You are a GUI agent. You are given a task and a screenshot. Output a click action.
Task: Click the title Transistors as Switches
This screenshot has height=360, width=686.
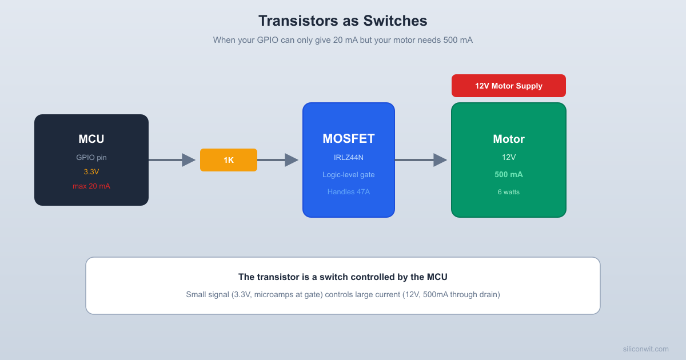click(x=342, y=21)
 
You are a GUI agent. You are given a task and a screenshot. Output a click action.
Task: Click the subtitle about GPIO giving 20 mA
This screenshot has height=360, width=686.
click(x=342, y=40)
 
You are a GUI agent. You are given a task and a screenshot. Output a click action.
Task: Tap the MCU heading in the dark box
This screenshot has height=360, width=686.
click(x=91, y=139)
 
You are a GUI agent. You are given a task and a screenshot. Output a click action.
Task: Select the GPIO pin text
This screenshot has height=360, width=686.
click(x=91, y=157)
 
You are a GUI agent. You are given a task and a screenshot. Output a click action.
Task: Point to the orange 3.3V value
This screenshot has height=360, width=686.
click(x=91, y=171)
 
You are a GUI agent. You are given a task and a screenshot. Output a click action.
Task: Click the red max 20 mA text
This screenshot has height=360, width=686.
click(x=91, y=186)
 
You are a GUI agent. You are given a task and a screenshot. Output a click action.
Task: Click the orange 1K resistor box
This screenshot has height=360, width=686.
click(x=228, y=160)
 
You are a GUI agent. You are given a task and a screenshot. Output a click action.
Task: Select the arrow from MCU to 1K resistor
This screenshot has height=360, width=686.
click(x=172, y=160)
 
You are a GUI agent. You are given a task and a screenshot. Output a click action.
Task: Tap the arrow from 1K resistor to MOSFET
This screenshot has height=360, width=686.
click(x=278, y=160)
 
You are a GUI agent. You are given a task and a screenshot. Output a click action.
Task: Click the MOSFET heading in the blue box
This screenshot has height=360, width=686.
click(x=348, y=139)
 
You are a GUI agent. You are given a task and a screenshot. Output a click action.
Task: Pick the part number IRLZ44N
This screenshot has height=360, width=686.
click(x=348, y=157)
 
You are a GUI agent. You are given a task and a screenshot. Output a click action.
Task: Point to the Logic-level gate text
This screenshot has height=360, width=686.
click(x=348, y=174)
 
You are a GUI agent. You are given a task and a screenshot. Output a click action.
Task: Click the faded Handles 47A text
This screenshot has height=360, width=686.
click(x=348, y=191)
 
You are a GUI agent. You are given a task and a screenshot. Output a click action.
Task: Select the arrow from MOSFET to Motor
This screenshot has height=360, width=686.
click(x=421, y=160)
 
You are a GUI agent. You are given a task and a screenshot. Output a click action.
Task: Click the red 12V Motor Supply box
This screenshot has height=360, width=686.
click(x=508, y=86)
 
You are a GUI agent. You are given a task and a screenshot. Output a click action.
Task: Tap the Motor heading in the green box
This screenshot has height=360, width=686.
click(x=508, y=139)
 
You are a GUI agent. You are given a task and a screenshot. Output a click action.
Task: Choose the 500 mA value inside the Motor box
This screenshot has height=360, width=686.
click(x=508, y=174)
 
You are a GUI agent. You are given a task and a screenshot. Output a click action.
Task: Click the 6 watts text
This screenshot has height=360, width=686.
click(x=508, y=191)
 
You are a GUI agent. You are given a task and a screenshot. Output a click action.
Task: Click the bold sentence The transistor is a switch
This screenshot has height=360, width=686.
click(x=342, y=277)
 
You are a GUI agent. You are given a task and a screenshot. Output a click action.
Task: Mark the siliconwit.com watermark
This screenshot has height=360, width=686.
click(x=645, y=349)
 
